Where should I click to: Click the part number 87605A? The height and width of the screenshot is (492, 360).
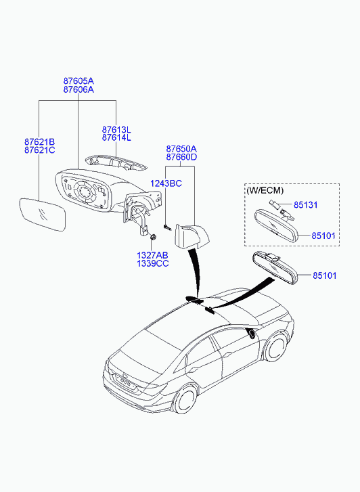tap(78, 81)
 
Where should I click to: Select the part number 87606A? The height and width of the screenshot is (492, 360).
tap(78, 89)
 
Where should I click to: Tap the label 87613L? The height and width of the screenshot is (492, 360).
tap(116, 129)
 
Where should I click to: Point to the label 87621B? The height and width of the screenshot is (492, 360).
tap(39, 142)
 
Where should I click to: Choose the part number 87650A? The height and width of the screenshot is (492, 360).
tap(181, 149)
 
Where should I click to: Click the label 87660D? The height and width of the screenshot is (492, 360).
tap(181, 157)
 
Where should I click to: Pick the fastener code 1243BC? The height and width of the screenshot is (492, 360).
tap(166, 183)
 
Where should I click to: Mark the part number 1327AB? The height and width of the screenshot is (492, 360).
tap(152, 255)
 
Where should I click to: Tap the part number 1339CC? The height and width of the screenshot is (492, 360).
tap(152, 263)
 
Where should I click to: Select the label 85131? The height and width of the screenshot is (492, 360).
tap(305, 205)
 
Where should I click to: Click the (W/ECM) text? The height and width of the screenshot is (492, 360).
tap(265, 190)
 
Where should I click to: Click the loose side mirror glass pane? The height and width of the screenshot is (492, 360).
tap(43, 215)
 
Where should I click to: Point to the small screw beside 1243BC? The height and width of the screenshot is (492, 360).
tap(166, 227)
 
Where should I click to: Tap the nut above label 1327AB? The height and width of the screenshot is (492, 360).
tap(154, 238)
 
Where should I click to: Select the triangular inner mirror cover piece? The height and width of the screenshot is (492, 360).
tap(191, 236)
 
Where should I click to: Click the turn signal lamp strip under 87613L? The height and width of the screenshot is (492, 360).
tap(116, 162)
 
